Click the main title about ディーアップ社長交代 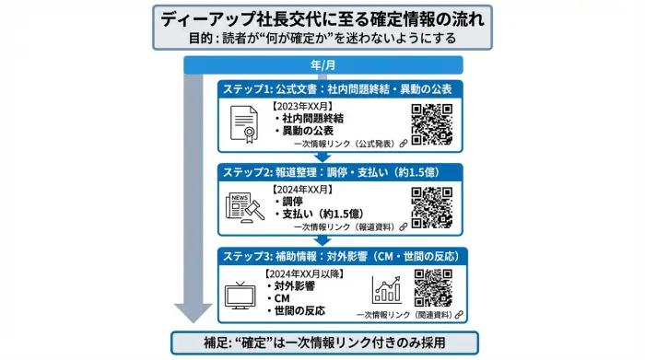(x=322, y=18)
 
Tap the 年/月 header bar (x=322, y=64)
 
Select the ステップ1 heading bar (x=340, y=89)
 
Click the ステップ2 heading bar (x=340, y=171)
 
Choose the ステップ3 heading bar (x=340, y=254)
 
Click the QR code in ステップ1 (x=431, y=124)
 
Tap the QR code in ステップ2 (x=431, y=207)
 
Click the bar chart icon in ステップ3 (x=387, y=291)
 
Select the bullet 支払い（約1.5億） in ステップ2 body (x=320, y=213)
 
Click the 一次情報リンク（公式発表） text (x=344, y=145)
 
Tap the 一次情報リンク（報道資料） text (x=344, y=226)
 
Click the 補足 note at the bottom (x=322, y=343)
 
